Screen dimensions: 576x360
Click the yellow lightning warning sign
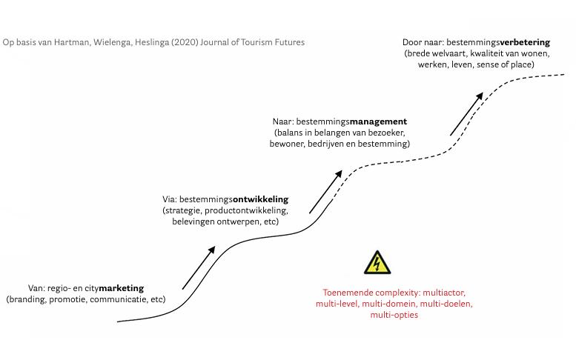378,264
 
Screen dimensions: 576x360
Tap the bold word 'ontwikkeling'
260,200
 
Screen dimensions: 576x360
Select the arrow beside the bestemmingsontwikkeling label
325,191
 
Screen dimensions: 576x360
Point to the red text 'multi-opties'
394,315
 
